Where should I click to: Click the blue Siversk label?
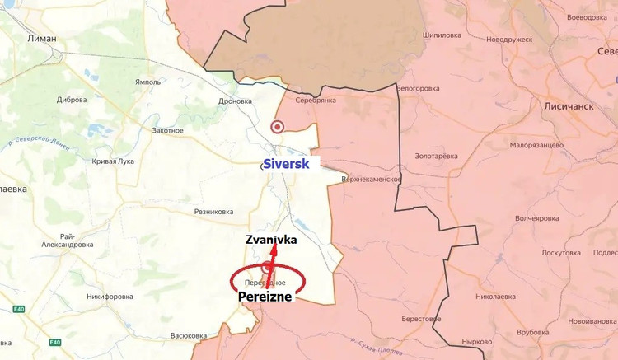point(286,164)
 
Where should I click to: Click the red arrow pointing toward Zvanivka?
point(273,264)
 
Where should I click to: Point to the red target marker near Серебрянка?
point(277,127)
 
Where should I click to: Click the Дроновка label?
point(236,101)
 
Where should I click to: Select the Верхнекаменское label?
point(372,179)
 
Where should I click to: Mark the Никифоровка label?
point(110,297)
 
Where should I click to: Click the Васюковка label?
point(189,335)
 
